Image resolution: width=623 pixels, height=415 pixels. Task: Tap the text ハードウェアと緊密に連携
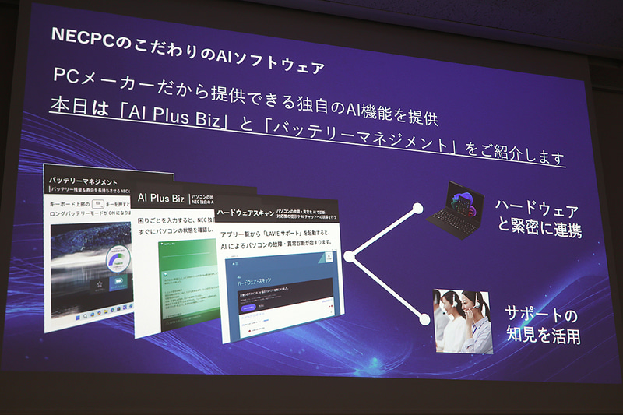[x=538, y=221]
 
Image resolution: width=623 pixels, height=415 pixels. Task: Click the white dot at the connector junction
[x=350, y=255]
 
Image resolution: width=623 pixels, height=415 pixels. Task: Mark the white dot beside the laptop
[x=417, y=208]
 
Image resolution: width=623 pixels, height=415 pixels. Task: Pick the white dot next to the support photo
[x=425, y=318]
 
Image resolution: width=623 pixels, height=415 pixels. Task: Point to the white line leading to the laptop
[x=383, y=231]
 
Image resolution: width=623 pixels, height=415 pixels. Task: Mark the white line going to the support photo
[x=387, y=287]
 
